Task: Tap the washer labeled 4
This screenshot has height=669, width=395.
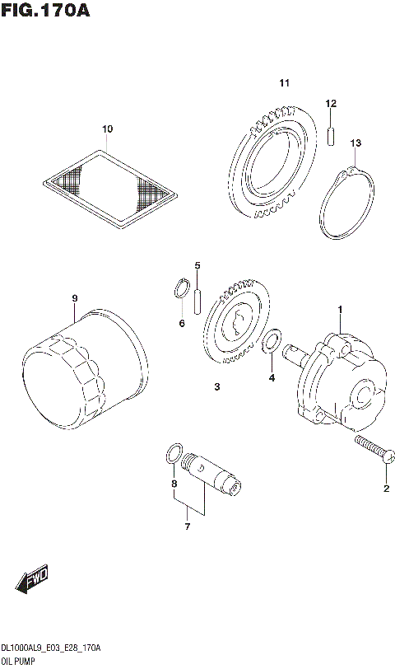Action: point(271,341)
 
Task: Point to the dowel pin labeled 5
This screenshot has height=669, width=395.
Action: point(198,300)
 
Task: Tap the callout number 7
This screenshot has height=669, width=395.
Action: point(187,526)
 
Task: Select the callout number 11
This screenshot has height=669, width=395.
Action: point(285,83)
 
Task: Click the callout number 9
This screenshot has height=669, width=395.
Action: point(73,297)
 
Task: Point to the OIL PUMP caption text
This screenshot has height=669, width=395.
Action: point(17,662)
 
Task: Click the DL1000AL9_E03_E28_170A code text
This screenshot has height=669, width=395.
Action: point(50,649)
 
